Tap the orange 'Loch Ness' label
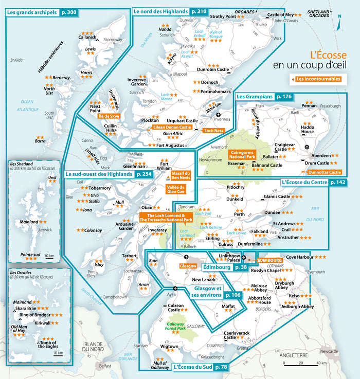tap(214, 131)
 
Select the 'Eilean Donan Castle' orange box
tap(172, 127)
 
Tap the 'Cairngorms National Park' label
tap(238, 155)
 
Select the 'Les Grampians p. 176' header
tap(264, 97)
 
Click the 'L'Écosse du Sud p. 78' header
tap(200, 367)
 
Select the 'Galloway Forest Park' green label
tap(175, 328)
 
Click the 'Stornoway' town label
tap(113, 40)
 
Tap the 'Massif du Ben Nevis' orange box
tap(181, 176)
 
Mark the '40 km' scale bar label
tap(322, 363)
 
